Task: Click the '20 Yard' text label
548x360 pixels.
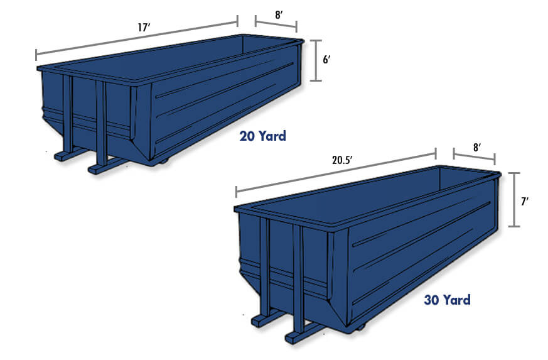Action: [262, 136]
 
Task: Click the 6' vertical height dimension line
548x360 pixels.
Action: [317, 60]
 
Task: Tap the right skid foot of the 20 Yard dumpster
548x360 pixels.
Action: [100, 168]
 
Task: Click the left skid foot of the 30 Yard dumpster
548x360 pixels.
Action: [262, 320]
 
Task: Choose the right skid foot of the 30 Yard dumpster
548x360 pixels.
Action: [298, 337]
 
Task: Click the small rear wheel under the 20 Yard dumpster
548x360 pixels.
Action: [164, 162]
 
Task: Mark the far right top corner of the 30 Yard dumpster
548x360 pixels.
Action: [499, 174]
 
